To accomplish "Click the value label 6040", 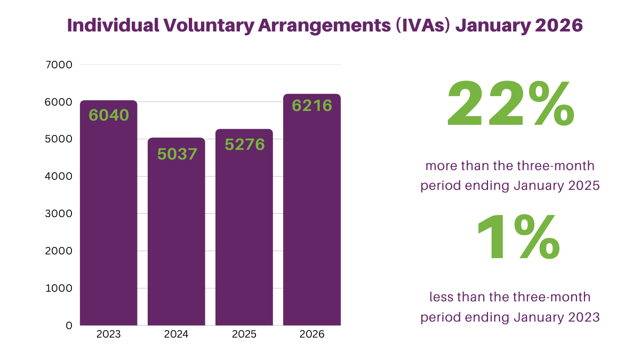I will (x=109, y=115).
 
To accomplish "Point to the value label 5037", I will (x=177, y=154).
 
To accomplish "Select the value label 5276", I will (x=245, y=144).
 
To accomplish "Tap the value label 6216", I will (x=312, y=106).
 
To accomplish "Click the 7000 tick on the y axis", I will (x=60, y=65).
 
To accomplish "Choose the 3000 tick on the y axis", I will (x=60, y=214).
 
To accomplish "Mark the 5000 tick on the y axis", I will (x=60, y=139).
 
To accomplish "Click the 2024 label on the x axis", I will (x=177, y=335).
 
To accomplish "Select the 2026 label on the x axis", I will (x=312, y=335).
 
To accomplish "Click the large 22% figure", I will (x=510, y=103).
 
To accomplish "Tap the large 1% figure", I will (x=517, y=238).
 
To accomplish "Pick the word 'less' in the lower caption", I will (x=441, y=297).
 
